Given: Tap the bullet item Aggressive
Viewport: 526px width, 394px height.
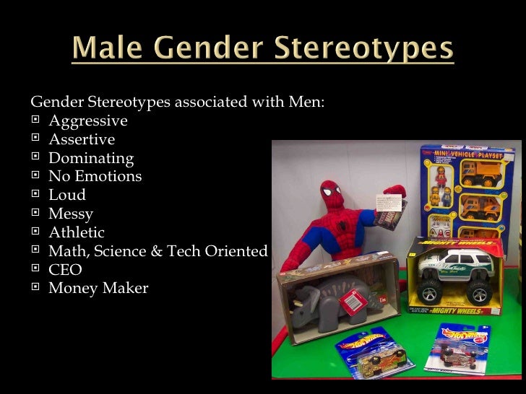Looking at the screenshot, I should [x=87, y=121].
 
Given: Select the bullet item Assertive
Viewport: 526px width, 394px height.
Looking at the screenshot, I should [x=81, y=139].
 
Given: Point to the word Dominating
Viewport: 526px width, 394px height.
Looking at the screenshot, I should [x=90, y=158].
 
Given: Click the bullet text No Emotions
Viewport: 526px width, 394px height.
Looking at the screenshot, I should [x=95, y=176].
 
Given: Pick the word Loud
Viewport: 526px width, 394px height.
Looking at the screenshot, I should [x=66, y=195].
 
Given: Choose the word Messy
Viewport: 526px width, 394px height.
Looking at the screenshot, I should [x=70, y=214].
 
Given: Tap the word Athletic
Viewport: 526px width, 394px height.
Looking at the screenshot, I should [x=76, y=232].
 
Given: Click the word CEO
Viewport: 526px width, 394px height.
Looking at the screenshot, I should [x=65, y=270].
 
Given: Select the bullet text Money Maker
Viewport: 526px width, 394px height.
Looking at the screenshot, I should [x=98, y=289].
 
